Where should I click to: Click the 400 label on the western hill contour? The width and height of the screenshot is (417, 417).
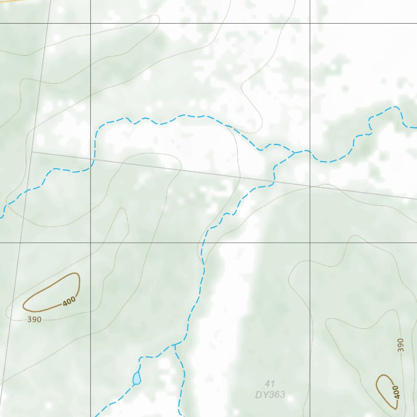pyautogui.click(x=69, y=301)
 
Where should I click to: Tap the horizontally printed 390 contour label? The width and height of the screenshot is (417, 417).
pyautogui.click(x=34, y=320)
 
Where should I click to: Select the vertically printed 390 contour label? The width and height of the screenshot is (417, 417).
pyautogui.click(x=401, y=345)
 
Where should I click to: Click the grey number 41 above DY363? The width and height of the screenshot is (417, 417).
pyautogui.click(x=270, y=384)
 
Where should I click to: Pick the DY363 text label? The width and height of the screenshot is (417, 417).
pyautogui.click(x=270, y=395)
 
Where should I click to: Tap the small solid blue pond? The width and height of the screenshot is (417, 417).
pyautogui.click(x=137, y=378)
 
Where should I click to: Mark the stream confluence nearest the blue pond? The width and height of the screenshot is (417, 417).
pyautogui.click(x=174, y=345)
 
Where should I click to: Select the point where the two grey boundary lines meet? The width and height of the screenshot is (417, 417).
pyautogui.click(x=32, y=152)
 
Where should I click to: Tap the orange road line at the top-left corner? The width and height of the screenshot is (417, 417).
pyautogui.click(x=8, y=1)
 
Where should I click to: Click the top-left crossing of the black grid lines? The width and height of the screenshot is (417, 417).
pyautogui.click(x=90, y=24)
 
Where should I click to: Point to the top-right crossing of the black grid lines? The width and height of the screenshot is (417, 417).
pyautogui.click(x=310, y=24)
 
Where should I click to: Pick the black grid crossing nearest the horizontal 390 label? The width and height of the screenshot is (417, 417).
pyautogui.click(x=90, y=243)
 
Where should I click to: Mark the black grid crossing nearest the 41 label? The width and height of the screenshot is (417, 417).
pyautogui.click(x=310, y=243)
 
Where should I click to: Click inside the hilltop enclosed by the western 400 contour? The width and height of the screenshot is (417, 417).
pyautogui.click(x=51, y=291)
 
